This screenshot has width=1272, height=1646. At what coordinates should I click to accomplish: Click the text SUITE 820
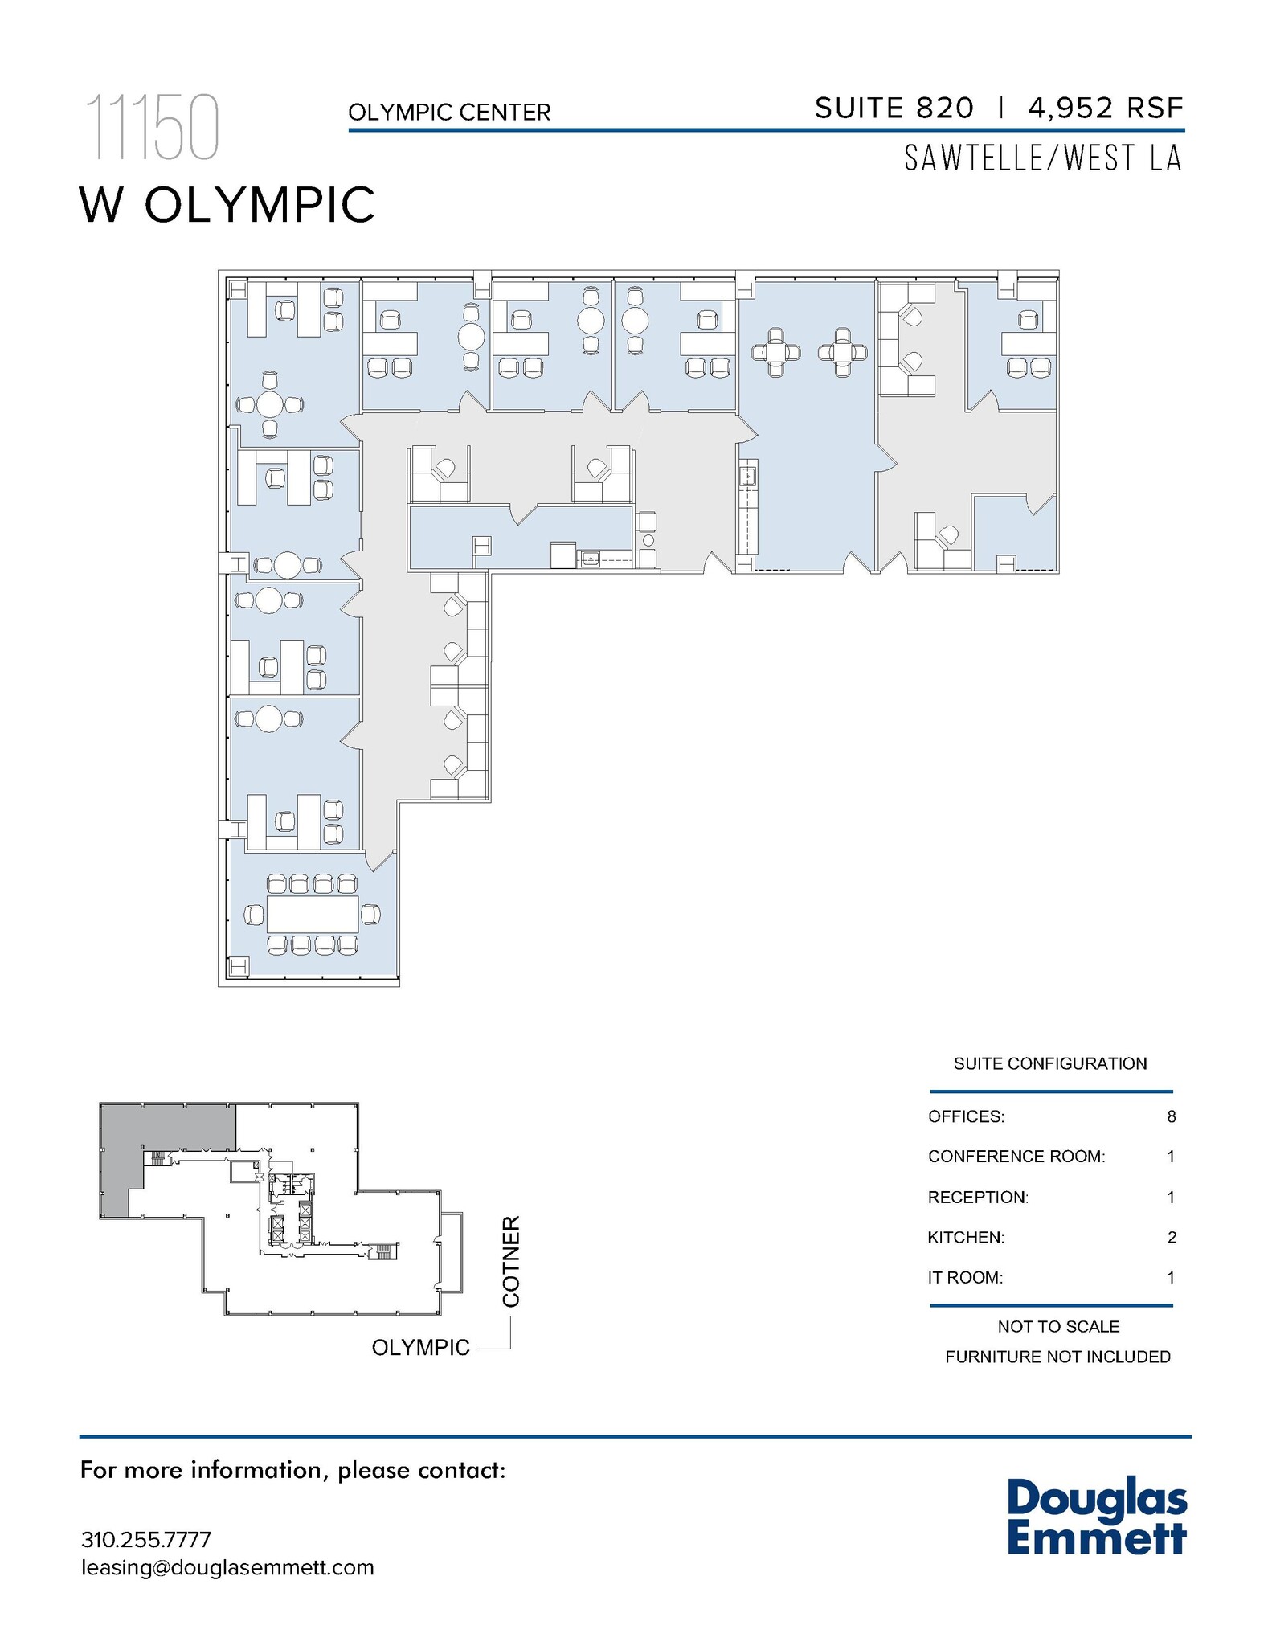[894, 108]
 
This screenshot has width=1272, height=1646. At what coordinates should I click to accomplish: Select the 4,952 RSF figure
[1105, 108]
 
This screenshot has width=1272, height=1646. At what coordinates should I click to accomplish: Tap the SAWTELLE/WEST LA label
[1043, 158]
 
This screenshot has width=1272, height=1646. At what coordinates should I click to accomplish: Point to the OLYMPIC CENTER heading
[449, 113]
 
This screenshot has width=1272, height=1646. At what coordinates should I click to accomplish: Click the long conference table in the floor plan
[312, 914]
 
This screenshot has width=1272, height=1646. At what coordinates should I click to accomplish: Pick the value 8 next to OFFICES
[1172, 1116]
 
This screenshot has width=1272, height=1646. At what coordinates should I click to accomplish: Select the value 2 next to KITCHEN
[1172, 1237]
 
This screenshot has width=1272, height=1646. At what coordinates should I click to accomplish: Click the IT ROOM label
[965, 1277]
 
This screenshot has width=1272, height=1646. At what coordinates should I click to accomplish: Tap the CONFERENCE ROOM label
[1016, 1157]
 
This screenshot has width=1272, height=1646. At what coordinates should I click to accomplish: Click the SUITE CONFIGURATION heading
[1050, 1063]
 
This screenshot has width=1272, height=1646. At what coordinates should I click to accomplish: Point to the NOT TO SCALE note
[1058, 1326]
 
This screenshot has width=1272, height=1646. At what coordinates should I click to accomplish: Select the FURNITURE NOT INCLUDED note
[1057, 1357]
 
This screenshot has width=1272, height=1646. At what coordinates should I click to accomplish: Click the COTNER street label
[511, 1261]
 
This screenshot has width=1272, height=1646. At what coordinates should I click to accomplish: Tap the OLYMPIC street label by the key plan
[420, 1348]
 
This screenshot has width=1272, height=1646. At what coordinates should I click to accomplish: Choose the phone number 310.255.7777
[146, 1540]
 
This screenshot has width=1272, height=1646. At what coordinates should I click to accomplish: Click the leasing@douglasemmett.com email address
[227, 1567]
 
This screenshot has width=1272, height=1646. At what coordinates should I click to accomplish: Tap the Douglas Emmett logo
[1097, 1517]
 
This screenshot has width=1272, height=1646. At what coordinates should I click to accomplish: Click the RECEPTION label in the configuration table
[978, 1197]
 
